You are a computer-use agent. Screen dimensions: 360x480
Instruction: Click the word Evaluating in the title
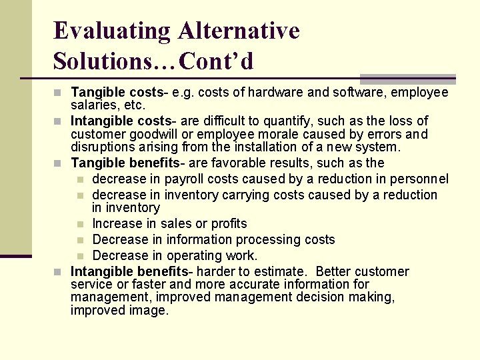pyautogui.click(x=111, y=31)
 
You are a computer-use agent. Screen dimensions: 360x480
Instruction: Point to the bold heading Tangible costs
pyautogui.click(x=117, y=92)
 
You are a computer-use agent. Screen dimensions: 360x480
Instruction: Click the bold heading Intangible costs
pyautogui.click(x=122, y=121)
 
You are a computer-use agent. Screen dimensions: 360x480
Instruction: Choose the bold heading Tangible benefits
pyautogui.click(x=128, y=163)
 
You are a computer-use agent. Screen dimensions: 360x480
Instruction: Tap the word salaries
pyautogui.click(x=93, y=105)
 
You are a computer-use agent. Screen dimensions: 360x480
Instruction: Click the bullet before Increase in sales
pyautogui.click(x=80, y=224)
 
